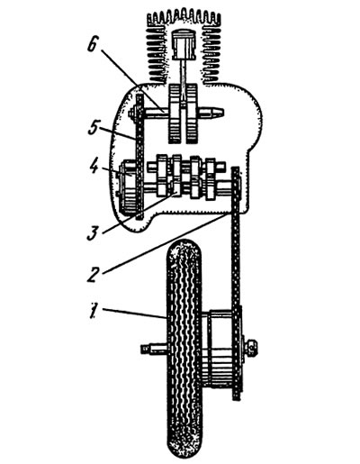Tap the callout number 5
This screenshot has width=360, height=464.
pyautogui.click(x=93, y=128)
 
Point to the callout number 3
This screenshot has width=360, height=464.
pyautogui.click(x=94, y=233)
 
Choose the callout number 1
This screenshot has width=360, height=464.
pyautogui.click(x=94, y=311)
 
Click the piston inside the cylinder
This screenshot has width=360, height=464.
pyautogui.click(x=184, y=45)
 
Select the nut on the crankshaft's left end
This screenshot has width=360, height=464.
pyautogui.click(x=131, y=114)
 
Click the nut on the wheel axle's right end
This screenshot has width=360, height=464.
pyautogui.click(x=250, y=348)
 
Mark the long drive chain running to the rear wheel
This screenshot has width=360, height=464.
pyautogui.click(x=237, y=283)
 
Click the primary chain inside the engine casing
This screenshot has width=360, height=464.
pyautogui.click(x=139, y=157)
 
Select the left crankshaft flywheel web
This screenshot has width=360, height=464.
pyautogui.click(x=175, y=114)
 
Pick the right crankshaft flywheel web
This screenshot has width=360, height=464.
pyautogui.click(x=192, y=114)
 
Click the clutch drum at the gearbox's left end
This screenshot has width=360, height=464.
pyautogui.click(x=128, y=187)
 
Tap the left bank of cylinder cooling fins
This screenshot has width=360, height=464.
pyautogui.click(x=156, y=51)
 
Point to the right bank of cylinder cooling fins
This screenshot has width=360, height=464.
pyautogui.click(x=212, y=52)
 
